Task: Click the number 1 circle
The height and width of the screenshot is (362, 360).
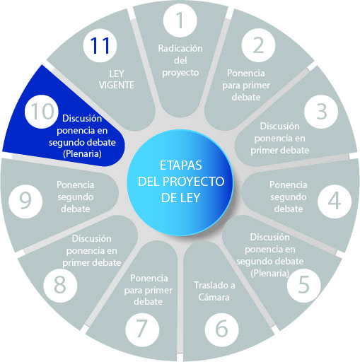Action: coord(180,21)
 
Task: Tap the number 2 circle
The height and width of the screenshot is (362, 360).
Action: coord(258,45)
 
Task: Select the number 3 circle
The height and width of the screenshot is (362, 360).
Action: coord(321,112)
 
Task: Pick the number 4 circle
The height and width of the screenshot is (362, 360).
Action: coord(335,202)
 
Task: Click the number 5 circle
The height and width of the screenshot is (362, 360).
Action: coord(303,286)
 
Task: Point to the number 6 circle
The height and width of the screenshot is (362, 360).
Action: coord(221,329)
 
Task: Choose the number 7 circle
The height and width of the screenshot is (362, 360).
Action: coord(142,329)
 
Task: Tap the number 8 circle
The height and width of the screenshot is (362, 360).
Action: coord(60,286)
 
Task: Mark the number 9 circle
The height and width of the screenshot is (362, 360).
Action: coord(25,202)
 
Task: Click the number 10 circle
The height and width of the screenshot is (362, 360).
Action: coord(42,112)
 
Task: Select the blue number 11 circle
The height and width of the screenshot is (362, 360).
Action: coord(100,45)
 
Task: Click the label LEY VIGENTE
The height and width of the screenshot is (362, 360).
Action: coord(117,80)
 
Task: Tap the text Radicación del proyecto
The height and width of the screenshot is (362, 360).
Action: coord(180,61)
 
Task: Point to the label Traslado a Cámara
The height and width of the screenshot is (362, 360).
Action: coord(214,291)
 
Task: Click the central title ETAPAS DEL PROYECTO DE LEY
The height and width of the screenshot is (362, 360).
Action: coord(181,181)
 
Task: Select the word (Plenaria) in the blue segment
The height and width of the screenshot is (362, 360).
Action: coord(82,154)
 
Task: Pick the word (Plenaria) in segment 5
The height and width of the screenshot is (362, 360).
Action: coord(269,274)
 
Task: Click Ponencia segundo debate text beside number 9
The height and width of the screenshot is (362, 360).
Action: coord(76,197)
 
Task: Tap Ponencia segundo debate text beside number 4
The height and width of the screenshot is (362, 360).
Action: coord(289,197)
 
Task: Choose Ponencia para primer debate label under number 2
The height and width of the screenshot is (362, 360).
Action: coord(246,85)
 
